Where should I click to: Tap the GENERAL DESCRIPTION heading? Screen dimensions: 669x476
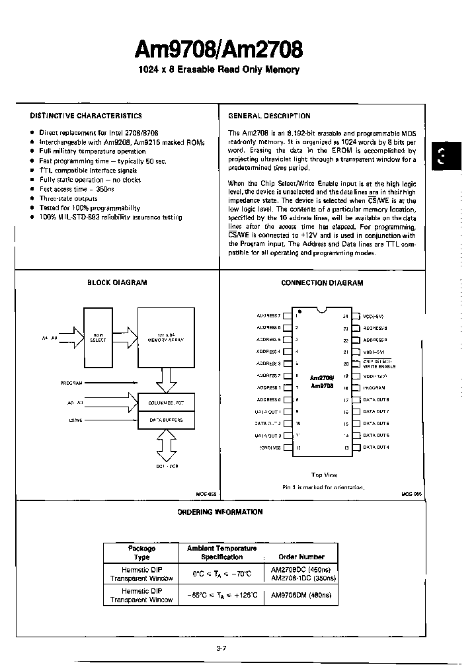coord(269,115)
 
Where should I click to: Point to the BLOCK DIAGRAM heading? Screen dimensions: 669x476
coord(117,282)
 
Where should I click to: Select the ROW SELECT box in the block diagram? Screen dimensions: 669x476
coord(98,338)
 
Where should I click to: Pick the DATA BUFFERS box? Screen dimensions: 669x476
coord(165,420)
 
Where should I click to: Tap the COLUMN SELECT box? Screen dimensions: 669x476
coord(165,401)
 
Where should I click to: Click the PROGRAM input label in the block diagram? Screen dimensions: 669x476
coord(71,383)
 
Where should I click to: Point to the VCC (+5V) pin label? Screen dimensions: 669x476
coord(375,316)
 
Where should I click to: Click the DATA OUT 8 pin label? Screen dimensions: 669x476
coord(376,400)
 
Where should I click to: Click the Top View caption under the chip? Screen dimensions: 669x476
coord(324,475)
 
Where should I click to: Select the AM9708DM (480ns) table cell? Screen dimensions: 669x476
coord(301,595)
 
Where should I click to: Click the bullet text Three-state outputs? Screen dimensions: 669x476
coord(68,198)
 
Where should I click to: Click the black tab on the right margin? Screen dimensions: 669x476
coord(442,157)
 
